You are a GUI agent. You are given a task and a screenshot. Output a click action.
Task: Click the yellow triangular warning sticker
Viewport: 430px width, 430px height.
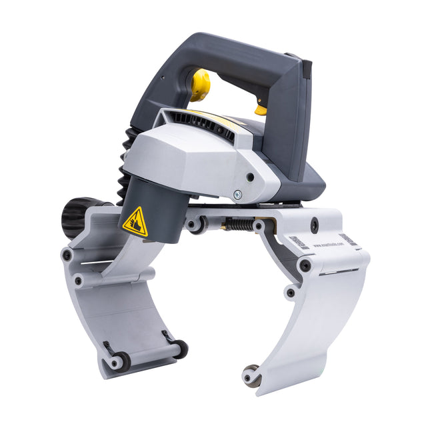(x=136, y=221)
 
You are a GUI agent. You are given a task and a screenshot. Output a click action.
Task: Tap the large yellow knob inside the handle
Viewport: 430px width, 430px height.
(x=200, y=85)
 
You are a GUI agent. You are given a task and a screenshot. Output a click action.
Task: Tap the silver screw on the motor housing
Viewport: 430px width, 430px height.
(x=237, y=195)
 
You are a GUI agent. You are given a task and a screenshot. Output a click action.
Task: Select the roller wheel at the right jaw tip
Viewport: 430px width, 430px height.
(x=252, y=375)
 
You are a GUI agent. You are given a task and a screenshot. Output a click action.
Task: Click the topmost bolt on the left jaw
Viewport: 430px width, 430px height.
(x=67, y=255)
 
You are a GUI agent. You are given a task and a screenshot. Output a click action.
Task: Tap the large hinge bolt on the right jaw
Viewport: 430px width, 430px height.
(x=305, y=265)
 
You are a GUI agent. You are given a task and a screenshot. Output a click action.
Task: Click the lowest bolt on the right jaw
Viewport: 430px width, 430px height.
(x=291, y=292)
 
